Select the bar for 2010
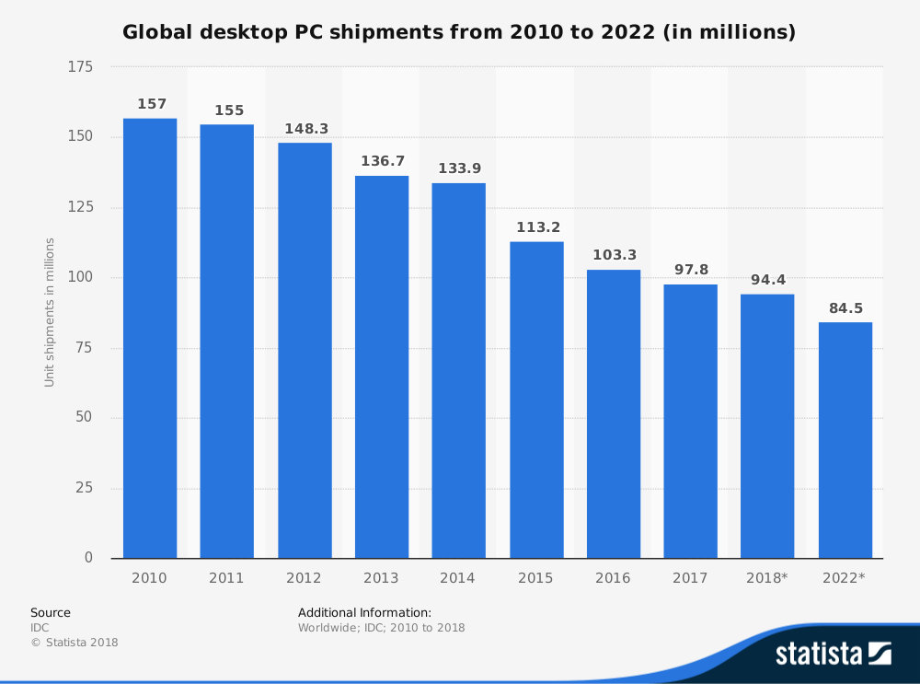(150, 338)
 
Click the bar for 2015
(536, 400)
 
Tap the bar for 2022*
(845, 440)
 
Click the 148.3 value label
(306, 129)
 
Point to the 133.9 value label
(459, 168)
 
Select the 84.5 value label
(845, 308)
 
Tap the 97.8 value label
(691, 269)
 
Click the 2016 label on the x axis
(613, 578)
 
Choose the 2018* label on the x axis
(767, 578)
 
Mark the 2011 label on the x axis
(226, 578)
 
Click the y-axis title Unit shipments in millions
(50, 312)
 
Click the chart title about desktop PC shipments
(459, 33)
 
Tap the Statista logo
(833, 654)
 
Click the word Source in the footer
(51, 612)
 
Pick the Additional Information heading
(364, 612)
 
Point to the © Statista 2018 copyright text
(75, 643)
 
